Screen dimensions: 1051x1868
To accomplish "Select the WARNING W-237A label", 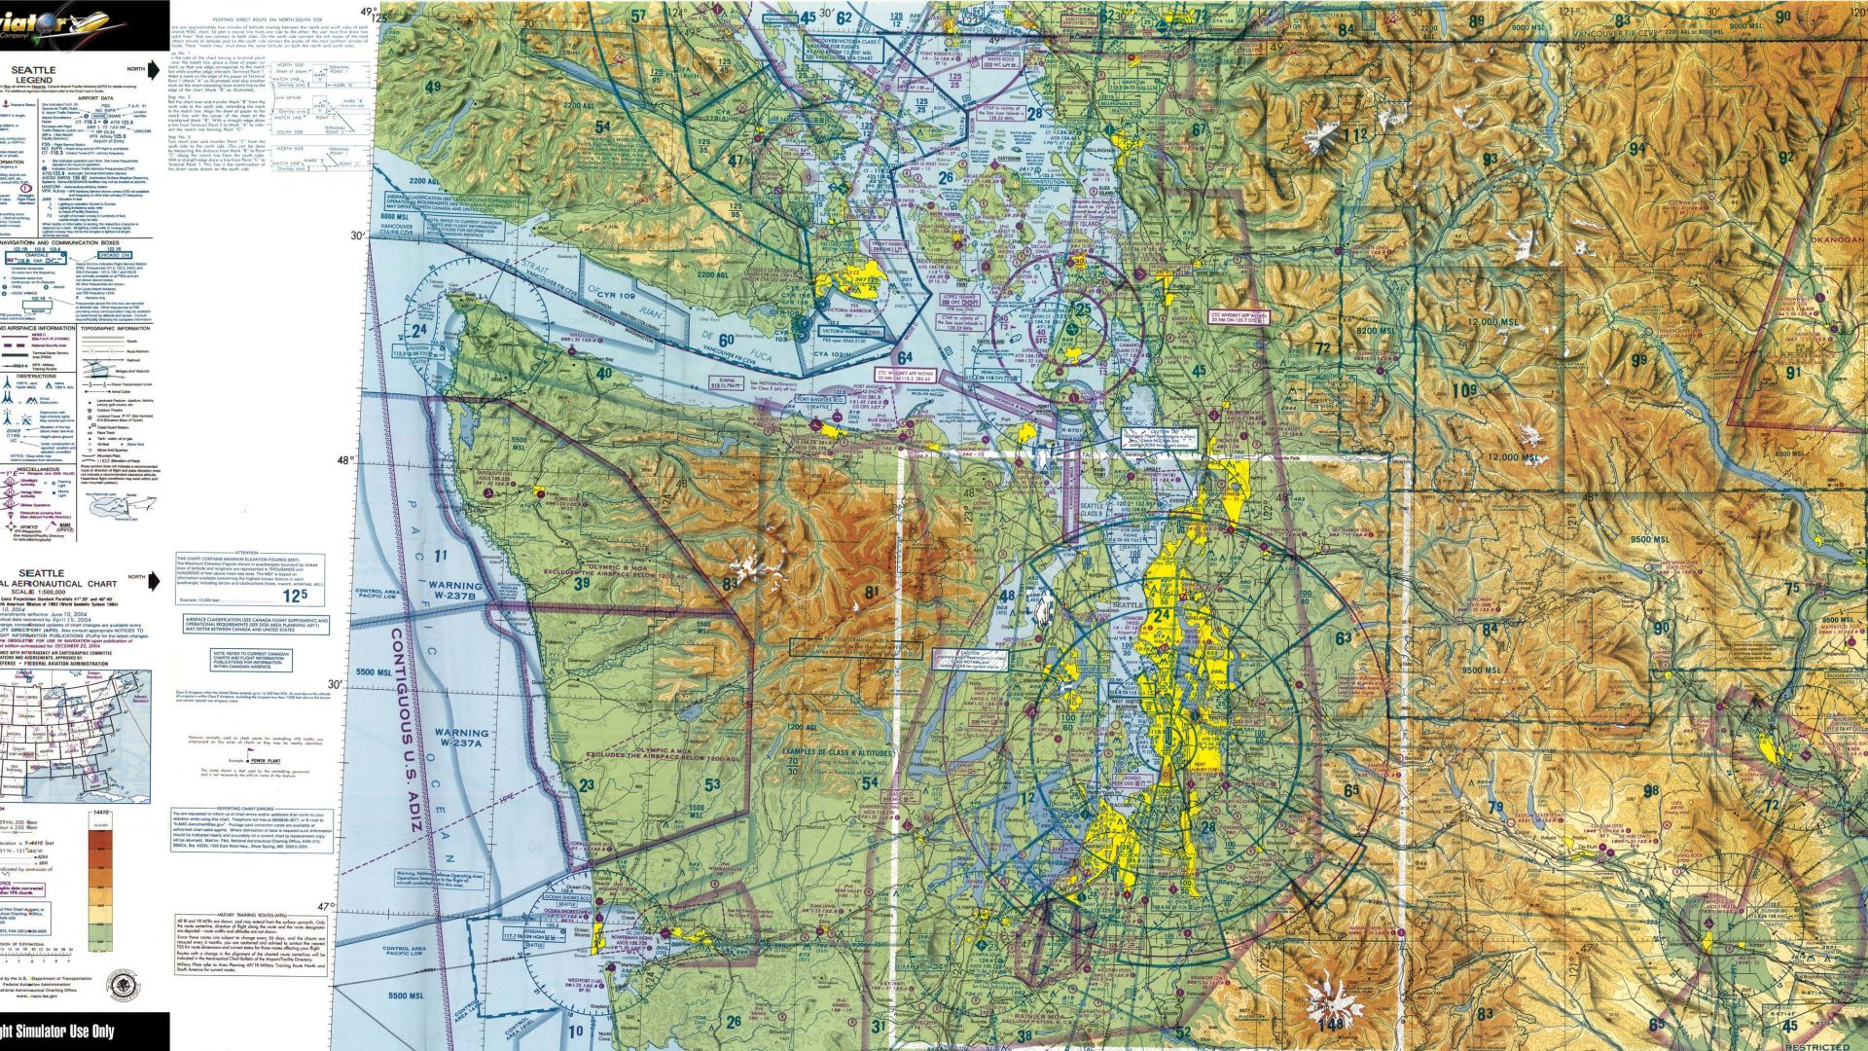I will [461, 739].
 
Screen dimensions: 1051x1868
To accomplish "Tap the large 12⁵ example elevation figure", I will [295, 595].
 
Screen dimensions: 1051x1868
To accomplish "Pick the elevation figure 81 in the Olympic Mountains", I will [871, 592].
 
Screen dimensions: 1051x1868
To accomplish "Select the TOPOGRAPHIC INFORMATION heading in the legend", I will [115, 329].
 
